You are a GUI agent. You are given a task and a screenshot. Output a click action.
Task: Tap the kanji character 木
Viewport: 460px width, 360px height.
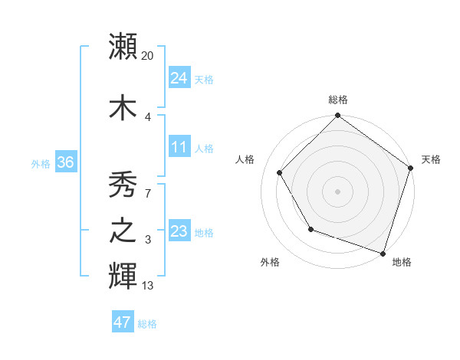pos(123,107)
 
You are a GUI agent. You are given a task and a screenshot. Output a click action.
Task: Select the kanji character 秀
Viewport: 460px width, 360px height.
pos(123,183)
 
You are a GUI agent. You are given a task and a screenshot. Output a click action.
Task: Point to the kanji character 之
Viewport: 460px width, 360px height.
pos(123,231)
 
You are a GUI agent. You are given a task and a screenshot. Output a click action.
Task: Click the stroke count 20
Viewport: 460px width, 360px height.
pos(148,55)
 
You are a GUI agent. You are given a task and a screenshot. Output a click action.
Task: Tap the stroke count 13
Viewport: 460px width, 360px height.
pos(148,286)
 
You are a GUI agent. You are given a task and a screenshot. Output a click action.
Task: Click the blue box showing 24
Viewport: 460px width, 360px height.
pos(179,78)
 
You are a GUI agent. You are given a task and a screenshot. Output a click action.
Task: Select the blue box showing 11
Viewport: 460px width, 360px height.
pos(179,147)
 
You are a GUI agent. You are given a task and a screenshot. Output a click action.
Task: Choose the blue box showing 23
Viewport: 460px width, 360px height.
pos(179,231)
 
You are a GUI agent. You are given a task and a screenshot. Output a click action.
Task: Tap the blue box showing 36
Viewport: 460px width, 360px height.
pos(64,162)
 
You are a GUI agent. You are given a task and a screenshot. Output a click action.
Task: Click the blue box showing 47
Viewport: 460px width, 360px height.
pos(123,322)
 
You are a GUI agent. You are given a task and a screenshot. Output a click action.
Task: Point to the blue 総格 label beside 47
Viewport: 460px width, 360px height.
pos(147,324)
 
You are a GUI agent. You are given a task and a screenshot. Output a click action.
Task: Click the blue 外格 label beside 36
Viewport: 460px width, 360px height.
pos(41,164)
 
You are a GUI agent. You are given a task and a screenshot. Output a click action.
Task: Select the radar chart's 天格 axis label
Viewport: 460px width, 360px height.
pos(431,159)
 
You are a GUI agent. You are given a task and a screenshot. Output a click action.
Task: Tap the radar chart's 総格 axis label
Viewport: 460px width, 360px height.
pos(337,100)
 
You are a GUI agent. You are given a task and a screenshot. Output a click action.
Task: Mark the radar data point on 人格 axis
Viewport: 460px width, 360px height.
pos(280,172)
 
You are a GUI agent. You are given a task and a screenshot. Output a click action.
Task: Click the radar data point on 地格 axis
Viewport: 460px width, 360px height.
pos(383,253)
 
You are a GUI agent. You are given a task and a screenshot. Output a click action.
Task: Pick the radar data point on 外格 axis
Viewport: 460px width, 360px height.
pos(310,229)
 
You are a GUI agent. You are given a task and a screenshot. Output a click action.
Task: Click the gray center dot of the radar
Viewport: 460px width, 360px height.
pos(337,191)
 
